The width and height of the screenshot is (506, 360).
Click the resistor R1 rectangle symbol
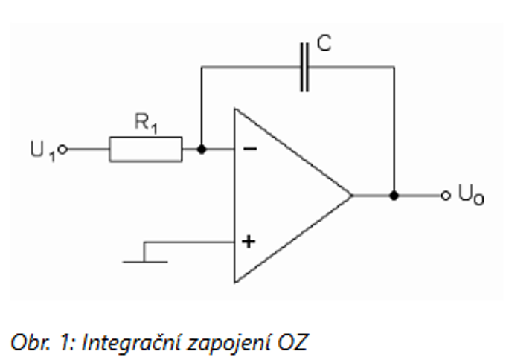point(145,149)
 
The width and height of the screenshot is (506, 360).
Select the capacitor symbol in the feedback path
point(304,67)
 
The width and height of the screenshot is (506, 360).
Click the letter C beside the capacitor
point(324,44)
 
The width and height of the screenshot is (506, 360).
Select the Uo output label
point(471,196)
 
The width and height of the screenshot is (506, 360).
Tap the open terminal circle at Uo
point(446,196)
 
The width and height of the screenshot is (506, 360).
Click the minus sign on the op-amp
point(251,149)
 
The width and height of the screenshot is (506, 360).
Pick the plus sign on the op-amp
point(249,242)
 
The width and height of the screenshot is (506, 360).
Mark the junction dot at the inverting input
point(201,149)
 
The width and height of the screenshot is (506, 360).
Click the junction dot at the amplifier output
point(394,196)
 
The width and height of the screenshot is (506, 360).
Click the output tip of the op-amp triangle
point(350,196)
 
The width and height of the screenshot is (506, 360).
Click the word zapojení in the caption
point(226,341)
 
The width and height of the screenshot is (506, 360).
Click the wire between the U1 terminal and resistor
point(88,150)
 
